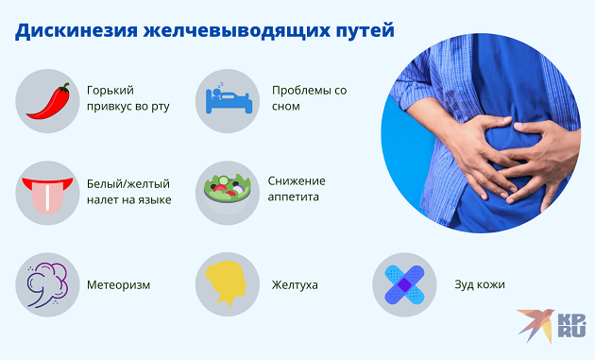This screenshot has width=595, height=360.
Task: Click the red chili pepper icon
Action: click(x=47, y=98)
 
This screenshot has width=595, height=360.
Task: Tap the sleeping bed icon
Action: click(x=227, y=98)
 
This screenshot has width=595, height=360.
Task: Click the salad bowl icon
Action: click(x=227, y=191)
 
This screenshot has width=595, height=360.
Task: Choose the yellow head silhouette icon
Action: click(x=227, y=283)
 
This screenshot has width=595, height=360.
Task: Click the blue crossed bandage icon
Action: click(x=404, y=283)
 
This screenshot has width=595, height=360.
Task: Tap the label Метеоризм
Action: click(x=118, y=284)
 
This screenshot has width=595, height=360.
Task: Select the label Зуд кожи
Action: click(x=477, y=284)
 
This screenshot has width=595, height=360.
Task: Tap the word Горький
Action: click(x=110, y=91)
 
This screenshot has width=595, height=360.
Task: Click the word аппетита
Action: click(x=296, y=197)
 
